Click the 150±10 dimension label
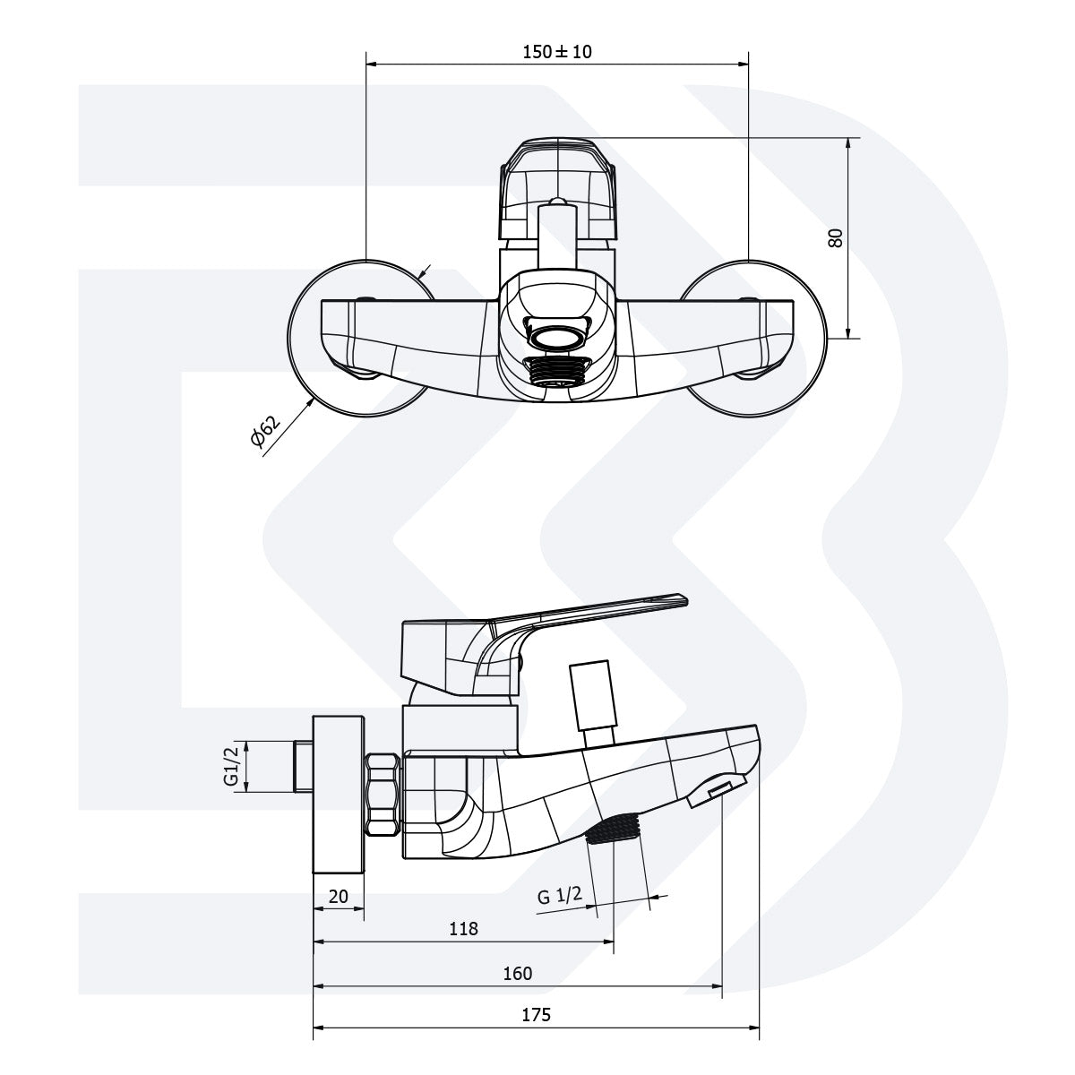557,52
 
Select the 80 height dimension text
836,238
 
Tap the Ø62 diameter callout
265,430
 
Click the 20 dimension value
338,897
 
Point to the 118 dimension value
463,929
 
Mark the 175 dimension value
536,1015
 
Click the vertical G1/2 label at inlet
231,767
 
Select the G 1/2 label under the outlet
560,895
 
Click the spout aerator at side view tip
718,792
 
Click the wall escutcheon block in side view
339,793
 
